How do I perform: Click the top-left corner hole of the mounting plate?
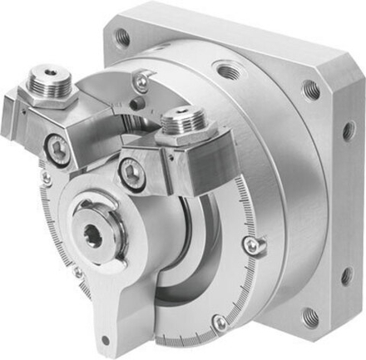coord(122,37)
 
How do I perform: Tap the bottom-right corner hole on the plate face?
coord(309,316)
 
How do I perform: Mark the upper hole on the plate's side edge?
coord(348,131)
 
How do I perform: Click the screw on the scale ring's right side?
coord(250,243)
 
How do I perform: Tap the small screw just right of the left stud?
coord(141,80)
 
